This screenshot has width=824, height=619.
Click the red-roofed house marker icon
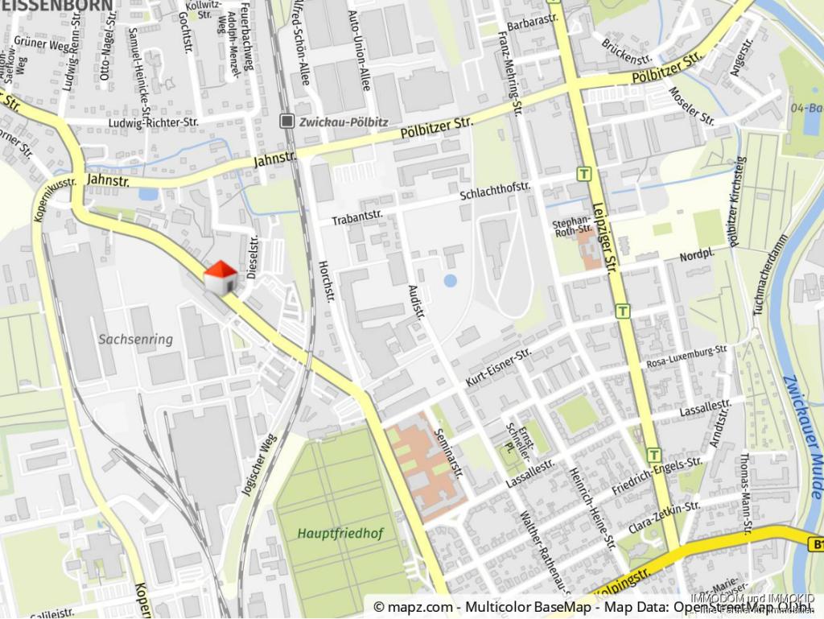click(220, 278)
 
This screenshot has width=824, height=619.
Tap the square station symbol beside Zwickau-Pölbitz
click(287, 122)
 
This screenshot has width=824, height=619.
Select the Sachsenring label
click(136, 340)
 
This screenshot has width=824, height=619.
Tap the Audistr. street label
click(416, 301)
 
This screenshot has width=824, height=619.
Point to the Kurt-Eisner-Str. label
click(499, 366)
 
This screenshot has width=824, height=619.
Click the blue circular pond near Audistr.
click(450, 281)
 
